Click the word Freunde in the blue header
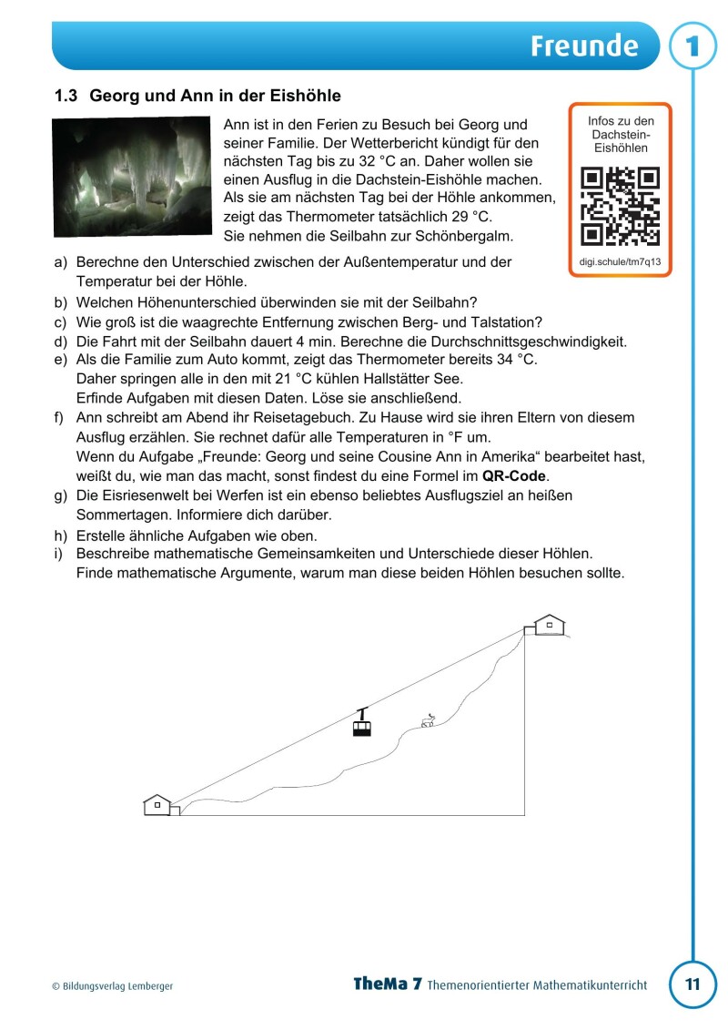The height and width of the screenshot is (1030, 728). coord(585,46)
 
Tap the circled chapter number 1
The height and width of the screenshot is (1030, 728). coord(693,46)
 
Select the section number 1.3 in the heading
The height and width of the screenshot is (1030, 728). coord(67,96)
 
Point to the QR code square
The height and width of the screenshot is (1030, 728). coord(620,207)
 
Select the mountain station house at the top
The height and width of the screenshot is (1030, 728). coord(549,625)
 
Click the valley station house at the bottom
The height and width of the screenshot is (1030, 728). coord(157,805)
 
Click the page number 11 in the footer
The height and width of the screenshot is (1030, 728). coord(693,984)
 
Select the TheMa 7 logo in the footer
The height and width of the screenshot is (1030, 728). coord(388,984)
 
